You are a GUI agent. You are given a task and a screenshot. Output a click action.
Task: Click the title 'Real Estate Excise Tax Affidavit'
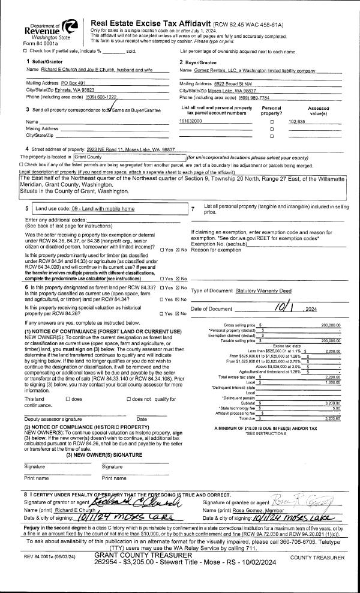coord(150,22)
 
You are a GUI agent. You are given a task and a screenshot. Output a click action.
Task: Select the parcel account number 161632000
coord(191,121)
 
